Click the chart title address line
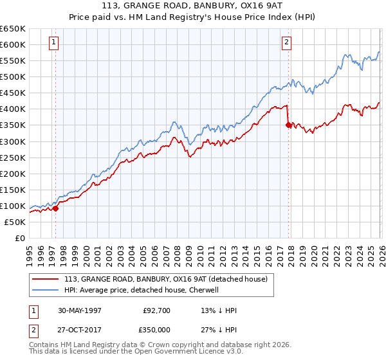192,6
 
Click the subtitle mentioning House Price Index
192,17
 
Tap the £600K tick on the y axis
13,45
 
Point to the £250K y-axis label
13,157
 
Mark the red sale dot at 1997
56,208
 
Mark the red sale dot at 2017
288,125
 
